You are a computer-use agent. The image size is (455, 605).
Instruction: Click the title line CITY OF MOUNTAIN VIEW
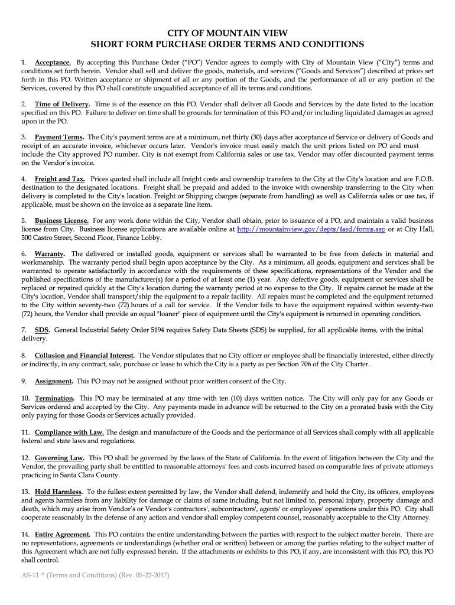(x=227, y=33)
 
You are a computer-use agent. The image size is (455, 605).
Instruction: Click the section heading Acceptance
(x=53, y=62)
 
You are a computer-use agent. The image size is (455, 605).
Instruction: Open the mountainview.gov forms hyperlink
(x=311, y=229)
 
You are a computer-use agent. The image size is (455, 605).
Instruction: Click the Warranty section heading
(x=50, y=253)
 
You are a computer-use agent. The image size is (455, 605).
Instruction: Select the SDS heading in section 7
(x=42, y=330)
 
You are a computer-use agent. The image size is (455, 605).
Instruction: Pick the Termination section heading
(x=54, y=398)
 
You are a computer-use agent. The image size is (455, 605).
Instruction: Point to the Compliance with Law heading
(x=69, y=432)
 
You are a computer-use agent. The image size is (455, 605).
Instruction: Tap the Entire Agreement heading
(x=63, y=534)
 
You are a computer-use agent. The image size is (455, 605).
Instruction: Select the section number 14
(x=25, y=534)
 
